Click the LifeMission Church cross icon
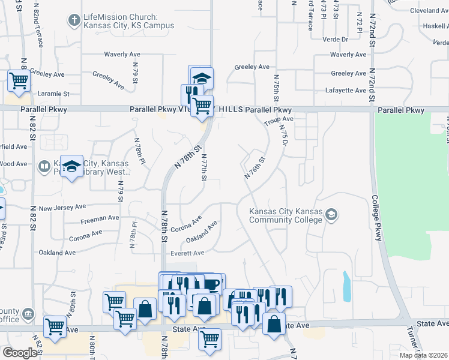point(75,21)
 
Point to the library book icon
point(44,165)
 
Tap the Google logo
point(20,353)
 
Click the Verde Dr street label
point(337,40)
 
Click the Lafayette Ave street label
point(349,91)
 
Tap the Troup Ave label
point(279,121)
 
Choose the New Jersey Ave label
point(62,208)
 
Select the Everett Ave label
point(187,253)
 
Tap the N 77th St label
point(204,169)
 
